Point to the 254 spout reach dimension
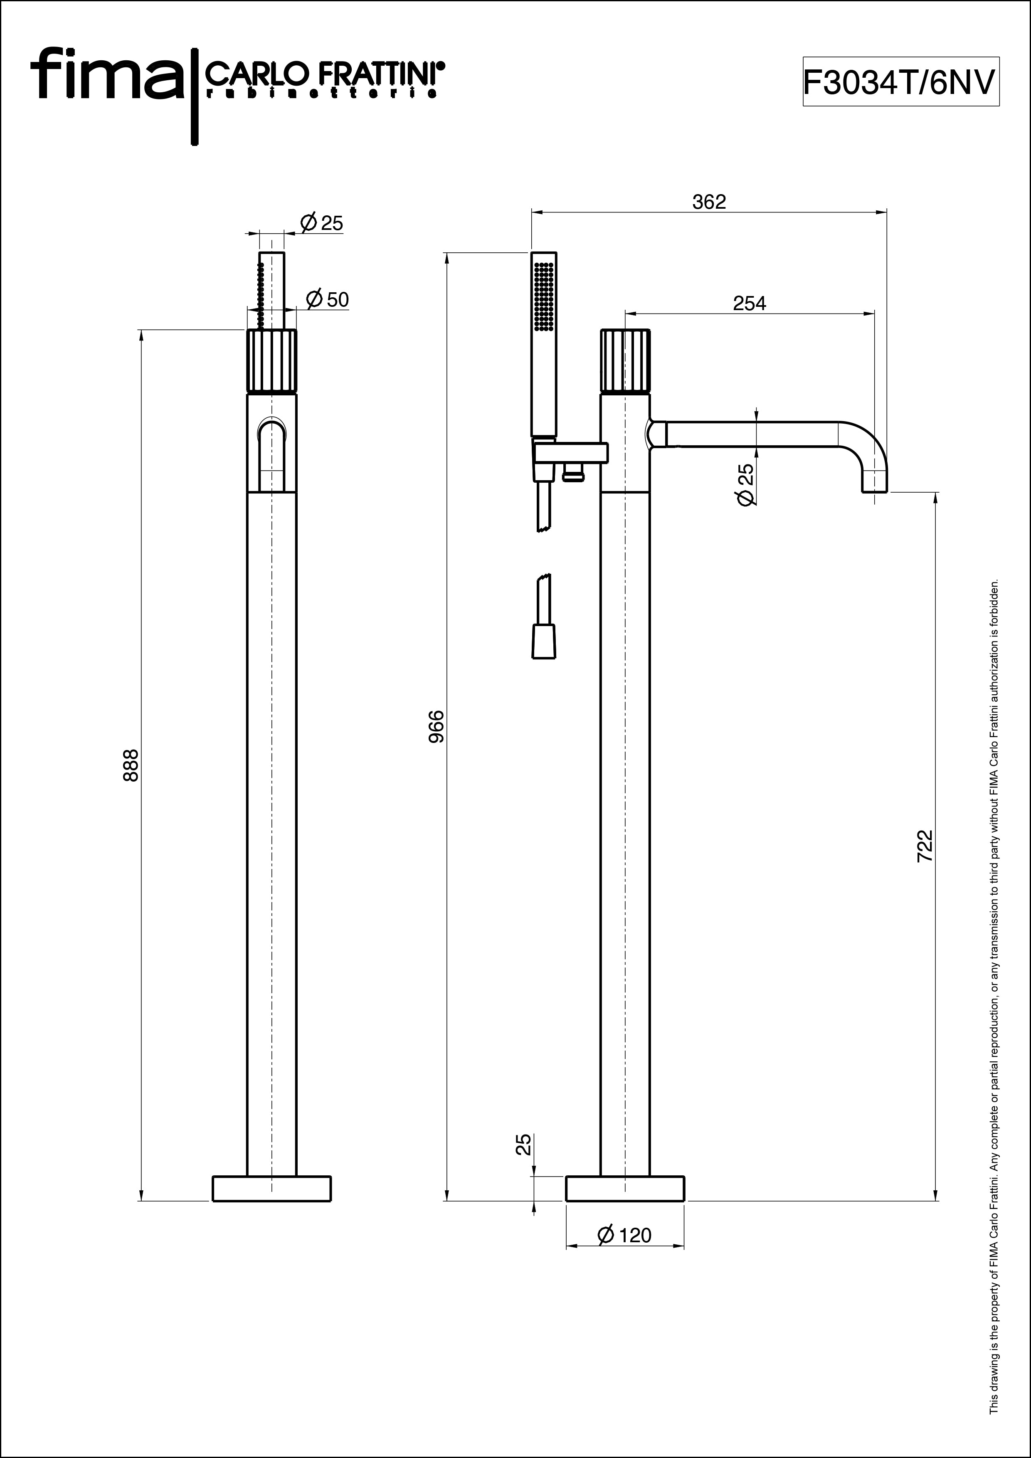(750, 303)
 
